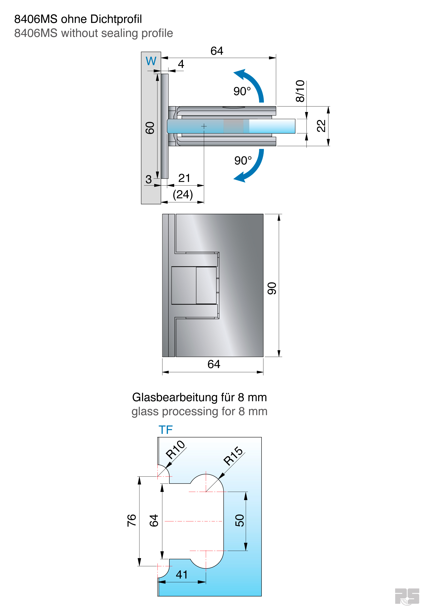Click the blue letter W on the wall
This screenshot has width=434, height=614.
(x=151, y=61)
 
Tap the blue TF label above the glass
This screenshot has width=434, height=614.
(x=166, y=430)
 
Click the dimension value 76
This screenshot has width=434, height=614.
(x=132, y=520)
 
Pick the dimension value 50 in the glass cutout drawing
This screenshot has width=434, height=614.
(x=240, y=520)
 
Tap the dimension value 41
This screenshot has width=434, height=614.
(x=182, y=574)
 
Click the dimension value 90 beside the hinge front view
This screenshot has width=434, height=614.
(x=272, y=288)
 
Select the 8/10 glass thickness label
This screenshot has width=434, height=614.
(x=300, y=91)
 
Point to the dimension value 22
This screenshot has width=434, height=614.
(x=321, y=126)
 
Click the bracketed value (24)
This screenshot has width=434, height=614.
(x=183, y=195)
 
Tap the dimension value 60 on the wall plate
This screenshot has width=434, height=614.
(x=150, y=128)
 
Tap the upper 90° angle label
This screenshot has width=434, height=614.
(x=242, y=91)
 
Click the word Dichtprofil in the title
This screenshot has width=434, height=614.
(x=116, y=19)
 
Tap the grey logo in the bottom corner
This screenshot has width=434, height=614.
(x=407, y=596)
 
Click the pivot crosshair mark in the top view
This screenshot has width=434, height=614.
(x=204, y=126)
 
